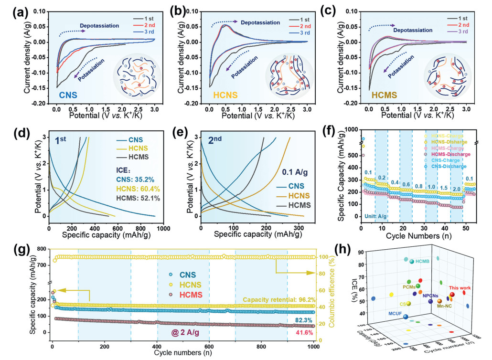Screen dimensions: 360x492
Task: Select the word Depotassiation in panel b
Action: click(260, 22)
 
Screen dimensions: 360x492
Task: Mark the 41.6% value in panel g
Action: click(305, 332)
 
